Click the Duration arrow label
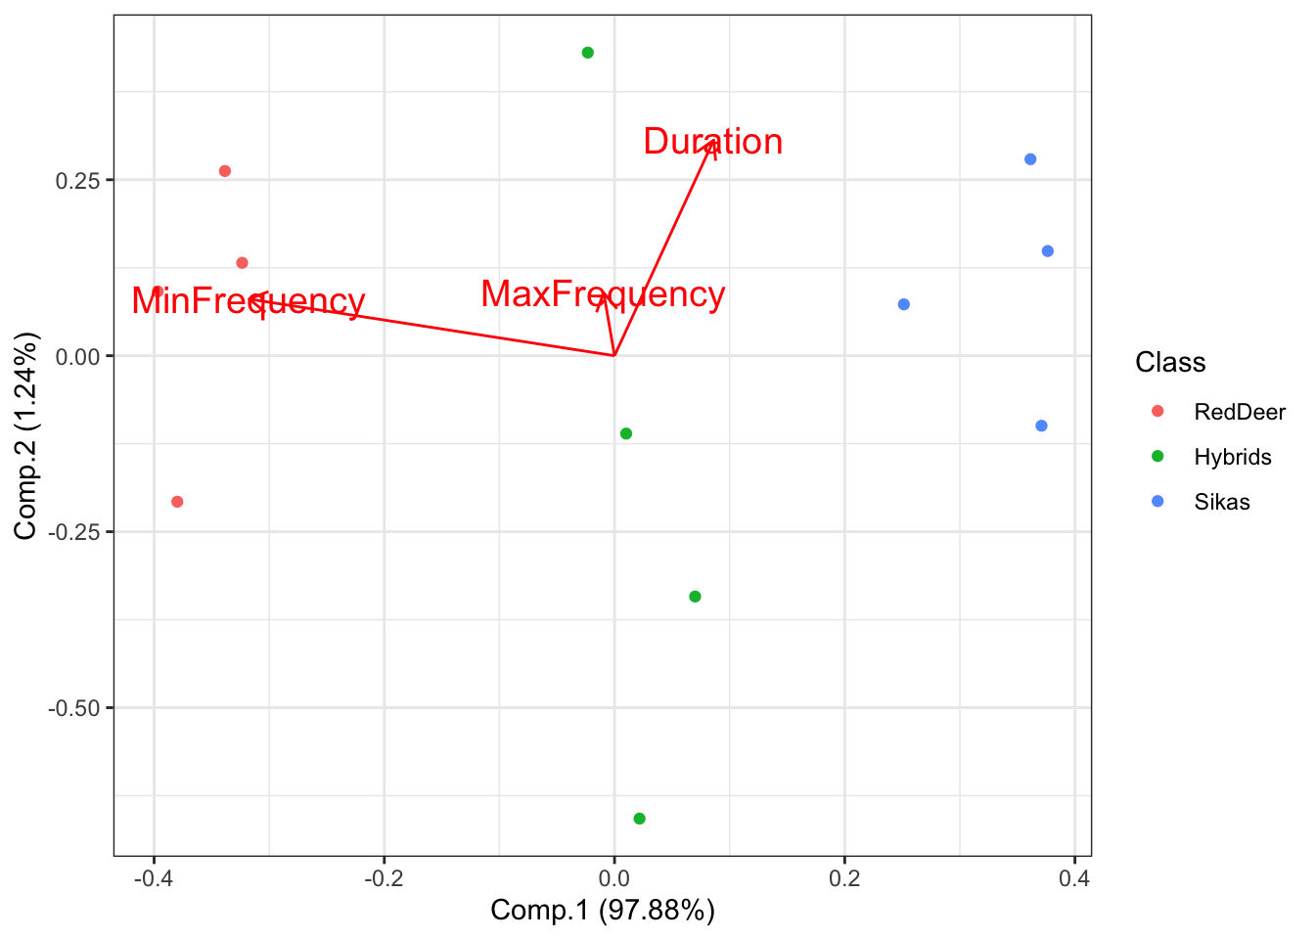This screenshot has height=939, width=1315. point(712,142)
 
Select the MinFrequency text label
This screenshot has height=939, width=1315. point(248,301)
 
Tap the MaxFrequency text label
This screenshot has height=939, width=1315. point(603,294)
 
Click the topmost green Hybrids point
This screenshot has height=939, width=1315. point(588,53)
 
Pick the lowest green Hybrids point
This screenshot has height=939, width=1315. point(640,819)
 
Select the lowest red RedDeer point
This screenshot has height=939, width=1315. point(177,502)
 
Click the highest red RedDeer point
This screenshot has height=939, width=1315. point(225,171)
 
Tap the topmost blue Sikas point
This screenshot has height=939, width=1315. point(1030,159)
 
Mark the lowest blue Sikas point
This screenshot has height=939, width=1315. point(1041,425)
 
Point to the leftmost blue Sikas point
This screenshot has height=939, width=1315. point(904,304)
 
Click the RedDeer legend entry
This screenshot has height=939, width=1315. point(1239,412)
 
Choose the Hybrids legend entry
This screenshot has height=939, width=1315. point(1232,457)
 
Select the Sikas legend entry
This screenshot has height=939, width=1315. point(1221,502)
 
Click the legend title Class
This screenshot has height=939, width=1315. point(1170,363)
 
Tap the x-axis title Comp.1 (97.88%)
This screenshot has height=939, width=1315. point(603,911)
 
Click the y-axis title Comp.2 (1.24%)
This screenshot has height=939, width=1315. point(25,435)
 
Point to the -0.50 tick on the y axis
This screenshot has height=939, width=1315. point(74,707)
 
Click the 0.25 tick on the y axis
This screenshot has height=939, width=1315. point(78,180)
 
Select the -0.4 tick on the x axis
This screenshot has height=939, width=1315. point(154,877)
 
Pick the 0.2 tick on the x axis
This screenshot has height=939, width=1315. point(844,877)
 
